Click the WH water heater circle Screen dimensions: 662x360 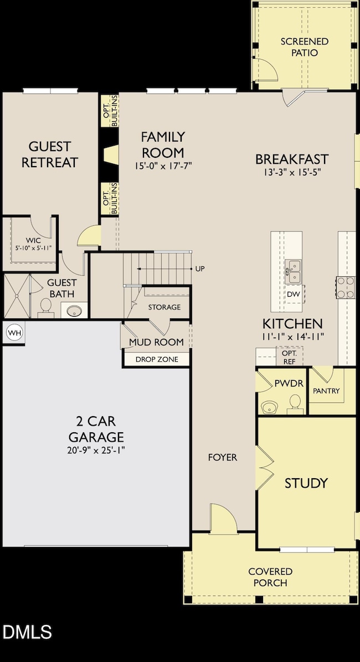coord(13,333)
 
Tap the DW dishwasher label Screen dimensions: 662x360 coord(293,294)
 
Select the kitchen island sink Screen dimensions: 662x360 coord(293,271)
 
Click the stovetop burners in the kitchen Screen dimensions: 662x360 coord(345,286)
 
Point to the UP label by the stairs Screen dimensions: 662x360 coord(200,269)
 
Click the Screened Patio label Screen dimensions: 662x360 coord(304,47)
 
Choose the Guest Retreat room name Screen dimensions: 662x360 coord(50,154)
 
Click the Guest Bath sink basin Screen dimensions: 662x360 coord(75,311)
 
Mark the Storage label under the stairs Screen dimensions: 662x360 coord(164,307)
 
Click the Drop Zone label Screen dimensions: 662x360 coord(157,359)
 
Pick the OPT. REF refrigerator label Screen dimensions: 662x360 coord(289,356)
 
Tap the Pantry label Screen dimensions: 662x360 coord(326,391)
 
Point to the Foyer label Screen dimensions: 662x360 coord(223,457)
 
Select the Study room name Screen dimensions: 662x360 coord(306,483)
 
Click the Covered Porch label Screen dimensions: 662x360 coord(270,577)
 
